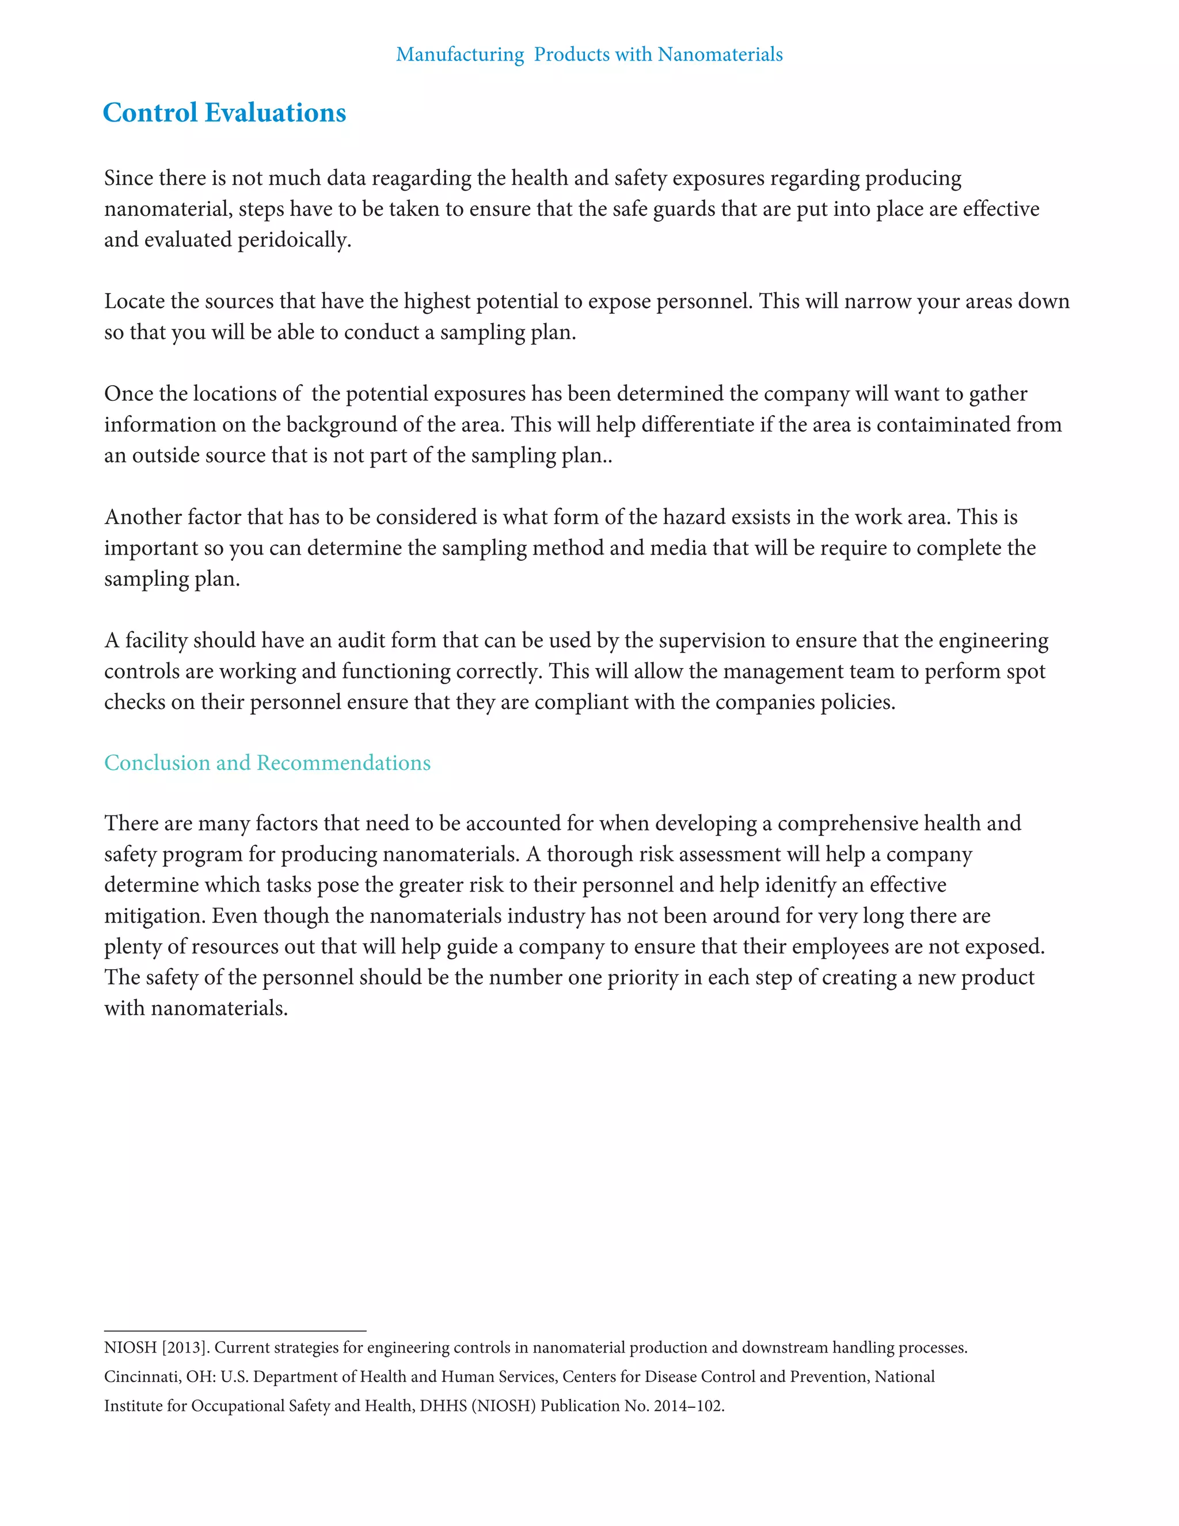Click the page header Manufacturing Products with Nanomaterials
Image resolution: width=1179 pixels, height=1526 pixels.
coord(589,55)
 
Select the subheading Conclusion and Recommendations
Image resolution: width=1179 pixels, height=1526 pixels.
coord(268,762)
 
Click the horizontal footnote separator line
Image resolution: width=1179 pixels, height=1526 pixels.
coord(235,1331)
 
